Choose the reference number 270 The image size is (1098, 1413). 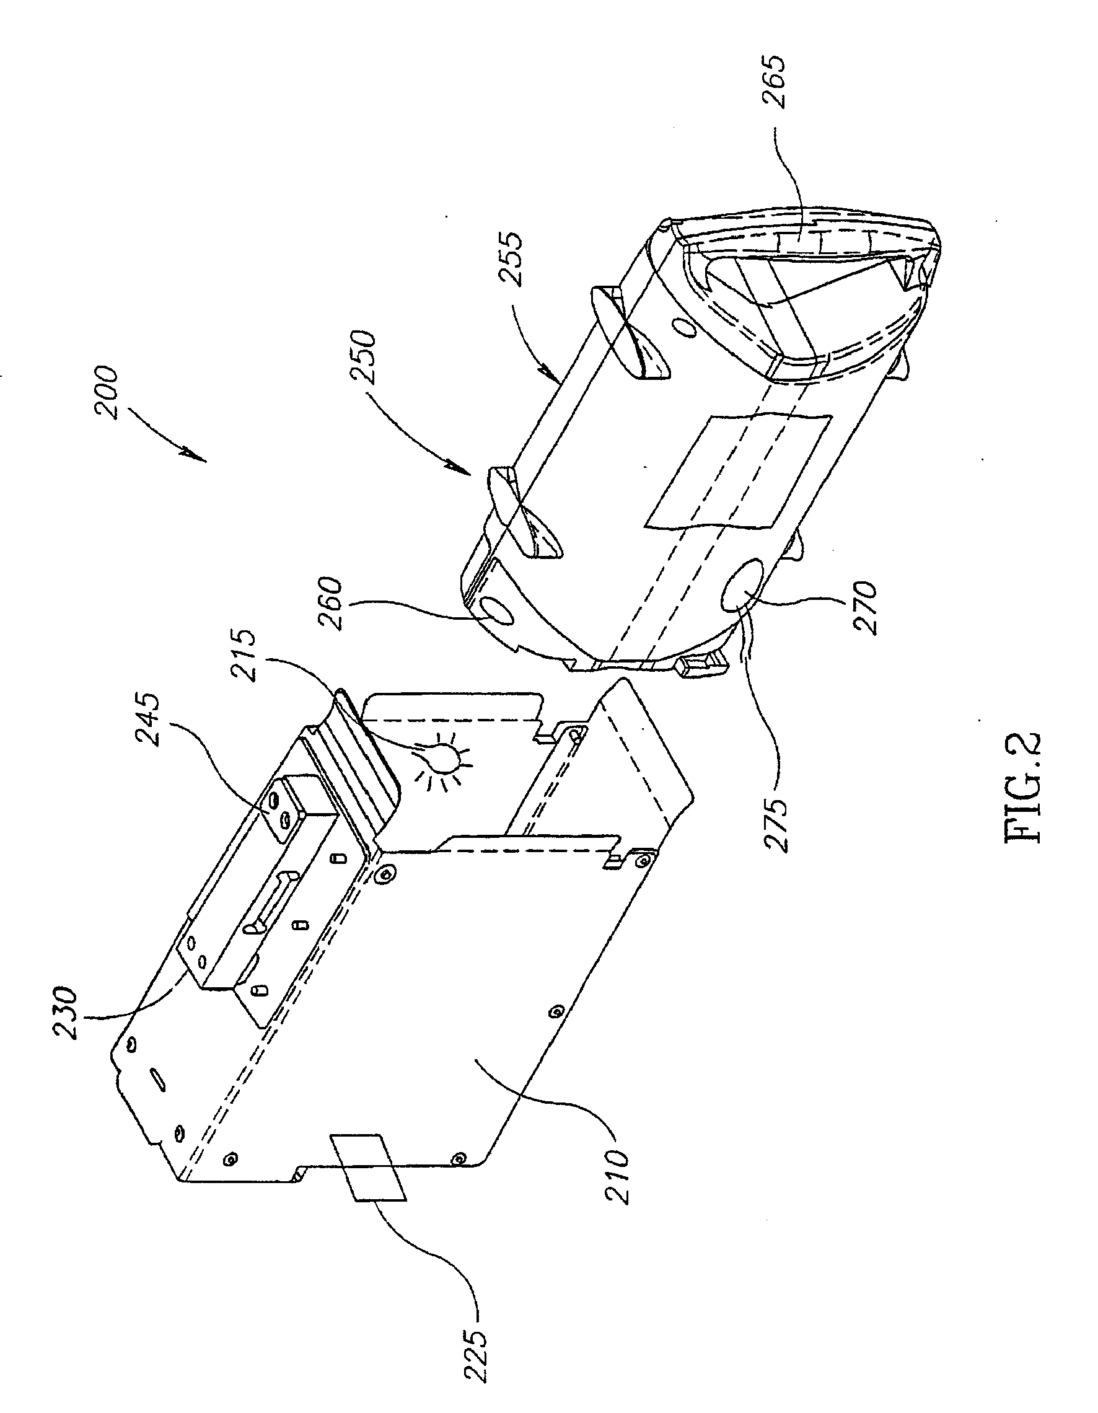tap(865, 608)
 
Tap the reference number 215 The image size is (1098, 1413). tap(247, 654)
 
